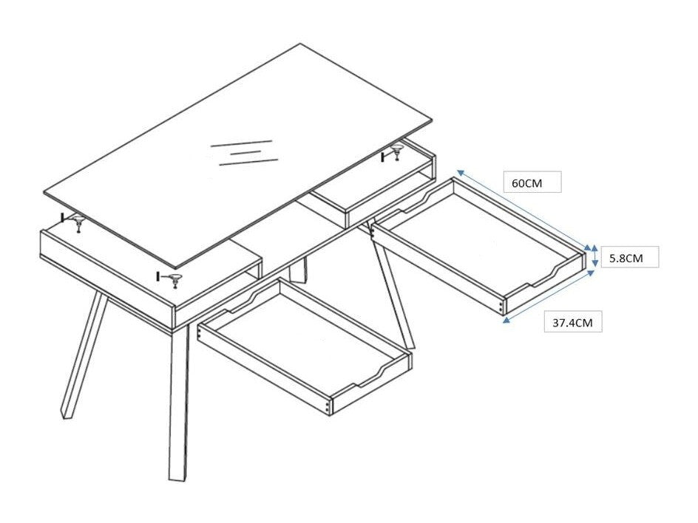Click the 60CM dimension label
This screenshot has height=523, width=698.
pos(527,182)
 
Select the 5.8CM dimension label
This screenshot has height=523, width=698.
pos(626,258)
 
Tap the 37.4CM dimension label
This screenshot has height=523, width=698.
pos(572,322)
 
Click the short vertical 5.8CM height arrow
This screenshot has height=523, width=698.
pos(594,257)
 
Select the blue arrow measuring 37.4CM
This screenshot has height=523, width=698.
pos(549,296)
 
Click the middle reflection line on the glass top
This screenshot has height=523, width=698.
pos(245,152)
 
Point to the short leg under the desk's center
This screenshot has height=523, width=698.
pos(298,270)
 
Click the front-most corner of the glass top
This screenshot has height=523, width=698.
pos(176,268)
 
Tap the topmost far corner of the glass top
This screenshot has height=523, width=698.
pos(300,44)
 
